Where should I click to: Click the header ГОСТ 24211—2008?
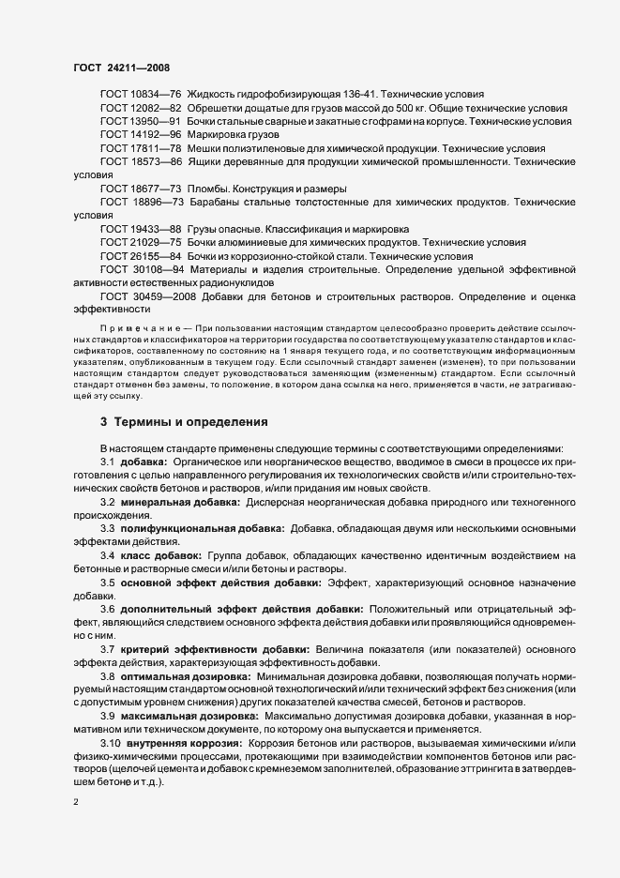120,68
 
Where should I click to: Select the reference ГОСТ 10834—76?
140,95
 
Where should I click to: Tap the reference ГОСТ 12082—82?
140,108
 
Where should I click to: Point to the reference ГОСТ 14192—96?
140,135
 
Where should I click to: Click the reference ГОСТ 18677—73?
140,189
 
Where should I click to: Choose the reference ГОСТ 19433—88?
140,229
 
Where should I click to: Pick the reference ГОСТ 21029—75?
140,243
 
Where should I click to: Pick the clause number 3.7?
108,650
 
